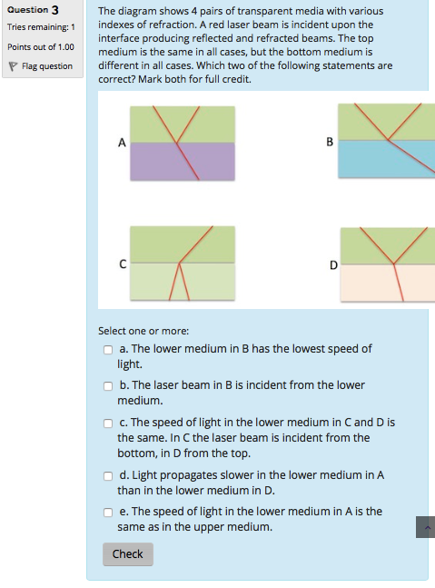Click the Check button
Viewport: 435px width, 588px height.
pos(127,553)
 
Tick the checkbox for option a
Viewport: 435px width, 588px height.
pos(107,349)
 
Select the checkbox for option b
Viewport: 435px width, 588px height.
pos(107,385)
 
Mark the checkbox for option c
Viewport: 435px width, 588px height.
pos(107,424)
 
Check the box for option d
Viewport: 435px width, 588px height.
pos(107,475)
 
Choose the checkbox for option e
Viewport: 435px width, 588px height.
pos(107,512)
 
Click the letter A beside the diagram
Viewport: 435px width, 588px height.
pos(121,142)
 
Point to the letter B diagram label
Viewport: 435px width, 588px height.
pos(330,142)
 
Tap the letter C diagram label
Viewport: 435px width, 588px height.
pos(121,264)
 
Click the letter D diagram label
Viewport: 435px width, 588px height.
pos(333,264)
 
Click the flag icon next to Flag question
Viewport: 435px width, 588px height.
pos(12,66)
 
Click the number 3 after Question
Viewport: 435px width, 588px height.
pos(55,10)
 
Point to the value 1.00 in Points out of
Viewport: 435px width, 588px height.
pos(63,46)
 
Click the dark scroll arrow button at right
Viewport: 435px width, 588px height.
pos(425,527)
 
